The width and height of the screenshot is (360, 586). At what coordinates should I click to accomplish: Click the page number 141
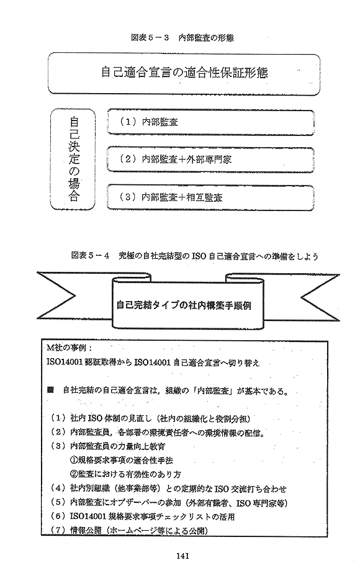click(182, 556)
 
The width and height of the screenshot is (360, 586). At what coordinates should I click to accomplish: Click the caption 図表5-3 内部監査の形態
click(182, 37)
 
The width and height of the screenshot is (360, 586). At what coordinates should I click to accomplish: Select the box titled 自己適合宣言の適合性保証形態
click(184, 73)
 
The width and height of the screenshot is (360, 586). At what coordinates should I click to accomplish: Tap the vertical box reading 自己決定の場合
click(73, 159)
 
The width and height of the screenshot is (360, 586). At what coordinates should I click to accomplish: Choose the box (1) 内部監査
click(210, 122)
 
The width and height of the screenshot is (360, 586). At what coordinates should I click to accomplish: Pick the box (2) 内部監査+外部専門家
click(210, 160)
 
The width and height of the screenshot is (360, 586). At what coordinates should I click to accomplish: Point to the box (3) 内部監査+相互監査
click(210, 197)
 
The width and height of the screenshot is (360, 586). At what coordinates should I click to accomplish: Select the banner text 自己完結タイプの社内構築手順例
click(184, 305)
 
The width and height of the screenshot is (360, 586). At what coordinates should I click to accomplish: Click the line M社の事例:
click(66, 348)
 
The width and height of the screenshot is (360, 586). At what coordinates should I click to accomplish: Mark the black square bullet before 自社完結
click(50, 391)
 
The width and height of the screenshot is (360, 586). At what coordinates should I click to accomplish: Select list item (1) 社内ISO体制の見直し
click(150, 418)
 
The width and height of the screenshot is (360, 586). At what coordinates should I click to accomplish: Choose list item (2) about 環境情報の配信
click(158, 433)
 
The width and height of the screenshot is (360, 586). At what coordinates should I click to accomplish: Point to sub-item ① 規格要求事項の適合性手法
click(122, 460)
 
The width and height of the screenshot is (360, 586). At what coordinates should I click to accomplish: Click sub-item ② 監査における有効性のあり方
click(125, 474)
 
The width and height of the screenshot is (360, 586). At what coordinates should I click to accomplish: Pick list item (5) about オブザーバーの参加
click(169, 503)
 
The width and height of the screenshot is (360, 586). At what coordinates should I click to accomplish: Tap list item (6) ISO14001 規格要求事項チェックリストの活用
click(142, 517)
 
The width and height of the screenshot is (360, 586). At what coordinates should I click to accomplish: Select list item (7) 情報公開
click(129, 531)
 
